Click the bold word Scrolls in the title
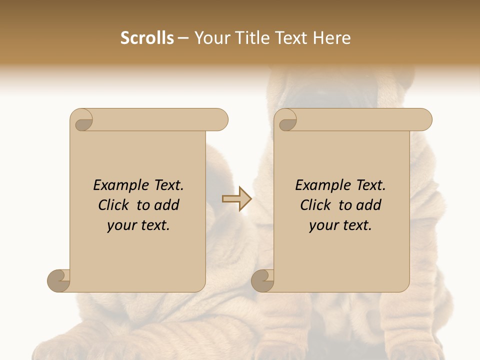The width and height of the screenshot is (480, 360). [x=147, y=38]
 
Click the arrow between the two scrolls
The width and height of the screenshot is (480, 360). [x=236, y=199]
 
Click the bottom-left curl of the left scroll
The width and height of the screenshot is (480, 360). [x=59, y=280]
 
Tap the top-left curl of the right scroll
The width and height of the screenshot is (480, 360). [x=286, y=120]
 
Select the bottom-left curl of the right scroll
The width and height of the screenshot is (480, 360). [x=263, y=280]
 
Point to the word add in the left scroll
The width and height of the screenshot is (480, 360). [x=167, y=205]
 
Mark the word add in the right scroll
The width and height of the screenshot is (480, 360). [x=369, y=205]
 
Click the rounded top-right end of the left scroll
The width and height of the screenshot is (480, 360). [x=220, y=120]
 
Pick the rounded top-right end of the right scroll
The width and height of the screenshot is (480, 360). [x=424, y=120]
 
